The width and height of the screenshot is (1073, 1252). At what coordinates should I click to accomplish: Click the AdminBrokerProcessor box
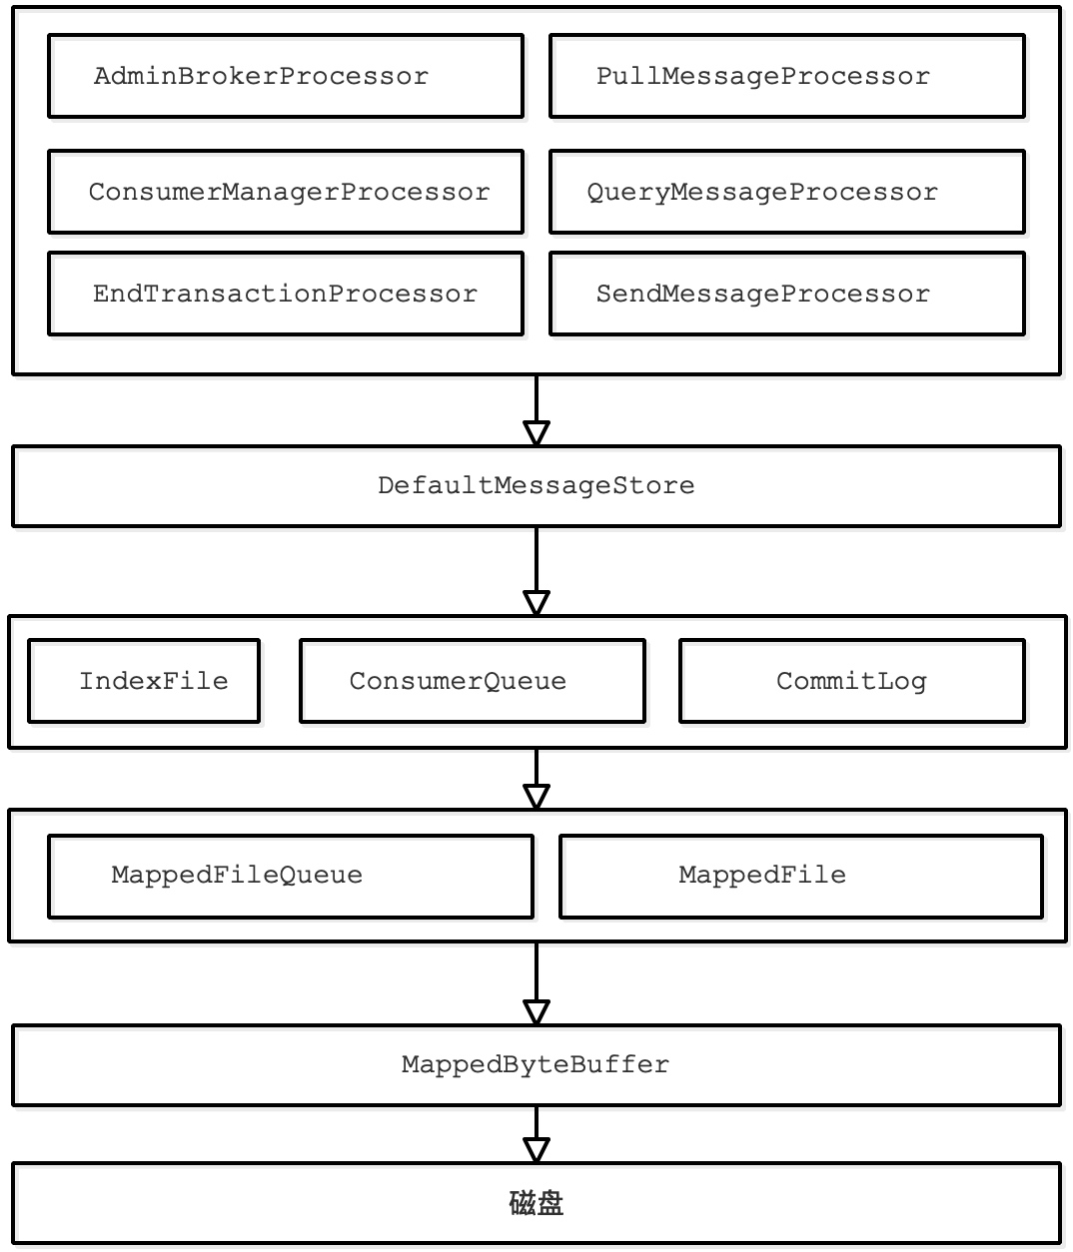(x=285, y=77)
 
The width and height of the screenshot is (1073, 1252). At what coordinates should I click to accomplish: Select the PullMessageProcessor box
(x=786, y=77)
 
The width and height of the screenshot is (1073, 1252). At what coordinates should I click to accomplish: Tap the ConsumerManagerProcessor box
(x=285, y=192)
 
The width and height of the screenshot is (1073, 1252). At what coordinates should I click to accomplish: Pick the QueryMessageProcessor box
(x=786, y=192)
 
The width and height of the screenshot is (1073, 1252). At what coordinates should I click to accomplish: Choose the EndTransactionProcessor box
(x=285, y=294)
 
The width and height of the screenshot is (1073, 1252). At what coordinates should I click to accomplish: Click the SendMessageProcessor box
(x=786, y=294)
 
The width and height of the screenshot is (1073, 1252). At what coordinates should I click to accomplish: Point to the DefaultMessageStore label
(x=536, y=486)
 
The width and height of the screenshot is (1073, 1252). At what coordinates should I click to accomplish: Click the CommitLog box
(x=851, y=681)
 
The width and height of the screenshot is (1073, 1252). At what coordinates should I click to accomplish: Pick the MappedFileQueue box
(x=290, y=876)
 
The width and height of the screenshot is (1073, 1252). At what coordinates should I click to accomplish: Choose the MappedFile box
(x=800, y=876)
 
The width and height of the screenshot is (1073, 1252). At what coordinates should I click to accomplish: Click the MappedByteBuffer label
(x=536, y=1065)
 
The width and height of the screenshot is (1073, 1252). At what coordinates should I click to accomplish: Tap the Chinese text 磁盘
(x=536, y=1203)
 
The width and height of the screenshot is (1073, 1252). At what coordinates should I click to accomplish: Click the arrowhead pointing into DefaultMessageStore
(x=536, y=433)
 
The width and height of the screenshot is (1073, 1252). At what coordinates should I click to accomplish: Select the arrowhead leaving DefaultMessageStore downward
(x=536, y=603)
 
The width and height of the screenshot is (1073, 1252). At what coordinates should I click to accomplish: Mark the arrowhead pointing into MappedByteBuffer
(x=536, y=1012)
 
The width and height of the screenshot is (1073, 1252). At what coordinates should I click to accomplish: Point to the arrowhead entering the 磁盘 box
(x=536, y=1150)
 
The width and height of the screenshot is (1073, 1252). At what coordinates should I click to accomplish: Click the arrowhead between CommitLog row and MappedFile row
(x=536, y=797)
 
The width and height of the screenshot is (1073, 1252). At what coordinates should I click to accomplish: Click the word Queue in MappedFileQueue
(x=321, y=876)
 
